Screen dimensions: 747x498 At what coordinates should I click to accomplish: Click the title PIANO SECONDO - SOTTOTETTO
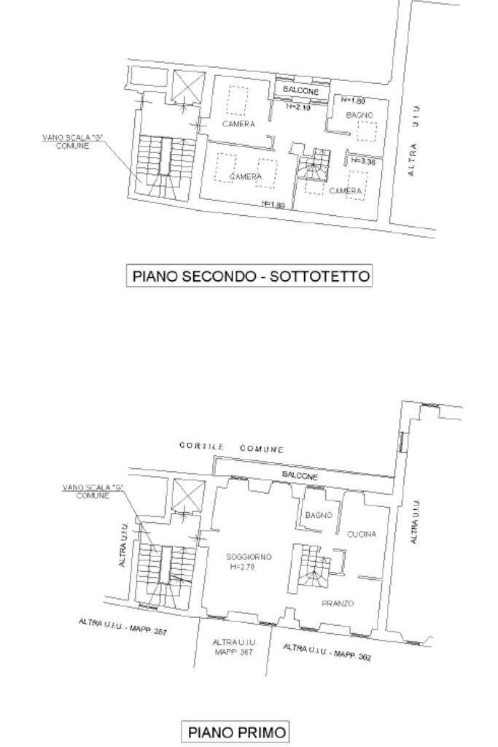pyautogui.click(x=249, y=276)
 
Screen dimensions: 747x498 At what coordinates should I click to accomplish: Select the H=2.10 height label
pyautogui.click(x=298, y=107)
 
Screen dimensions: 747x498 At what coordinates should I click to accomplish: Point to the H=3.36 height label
pyautogui.click(x=362, y=162)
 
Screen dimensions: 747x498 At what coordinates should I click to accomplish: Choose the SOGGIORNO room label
pyautogui.click(x=249, y=557)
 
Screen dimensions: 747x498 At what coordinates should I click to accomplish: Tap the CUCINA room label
pyautogui.click(x=361, y=534)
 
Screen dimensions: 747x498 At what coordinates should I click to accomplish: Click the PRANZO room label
pyautogui.click(x=338, y=603)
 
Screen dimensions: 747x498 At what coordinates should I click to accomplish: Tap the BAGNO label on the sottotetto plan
pyautogui.click(x=359, y=115)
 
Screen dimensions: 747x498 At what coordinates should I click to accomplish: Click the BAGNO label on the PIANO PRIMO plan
pyautogui.click(x=319, y=515)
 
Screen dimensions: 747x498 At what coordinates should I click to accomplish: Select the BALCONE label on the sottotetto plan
pyautogui.click(x=300, y=90)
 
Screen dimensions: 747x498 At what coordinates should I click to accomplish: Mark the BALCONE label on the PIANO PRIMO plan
pyautogui.click(x=300, y=476)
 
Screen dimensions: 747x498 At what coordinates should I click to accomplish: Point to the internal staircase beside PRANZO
pyautogui.click(x=312, y=568)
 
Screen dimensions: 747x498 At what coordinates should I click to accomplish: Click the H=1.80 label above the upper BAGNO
pyautogui.click(x=354, y=100)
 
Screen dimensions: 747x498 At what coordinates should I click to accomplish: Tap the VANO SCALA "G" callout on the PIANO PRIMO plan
pyautogui.click(x=93, y=491)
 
